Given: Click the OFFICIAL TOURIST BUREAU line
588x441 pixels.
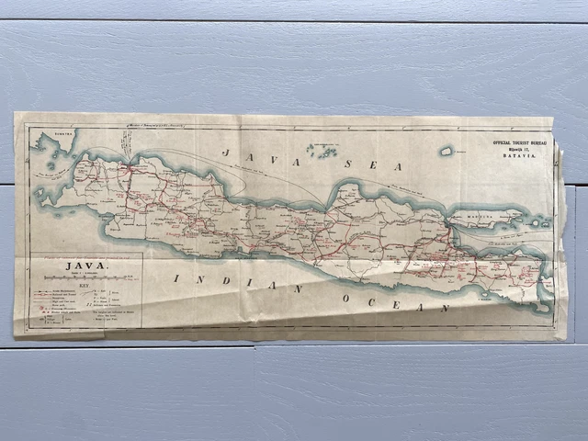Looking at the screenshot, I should click(519, 142).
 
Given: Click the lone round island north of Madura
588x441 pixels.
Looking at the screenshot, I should click(447, 151).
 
